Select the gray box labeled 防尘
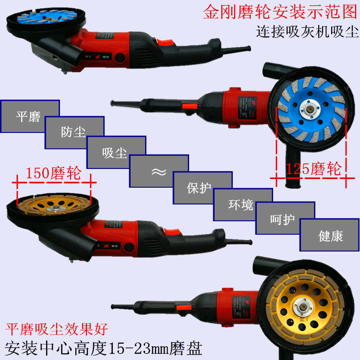pyautogui.click(x=74, y=132)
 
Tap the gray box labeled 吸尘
pyautogui.click(x=116, y=152)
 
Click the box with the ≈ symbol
pyautogui.click(x=159, y=171)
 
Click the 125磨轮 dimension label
pyautogui.click(x=313, y=169)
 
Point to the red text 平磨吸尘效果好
pyautogui.click(x=57, y=329)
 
